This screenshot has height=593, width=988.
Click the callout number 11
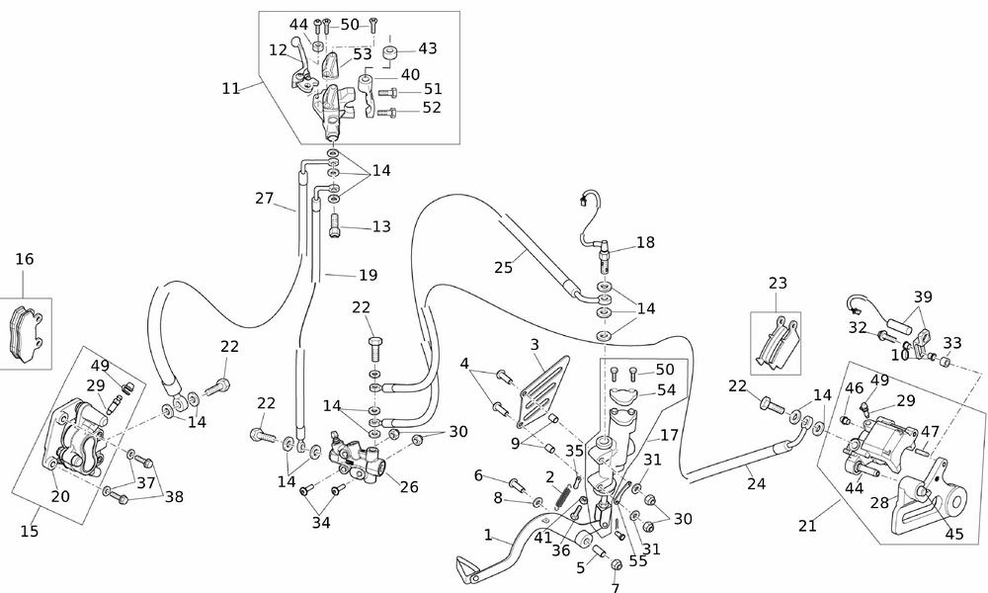231,88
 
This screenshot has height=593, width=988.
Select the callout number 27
264,198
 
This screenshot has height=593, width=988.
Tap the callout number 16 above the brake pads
25,259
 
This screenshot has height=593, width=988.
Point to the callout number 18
645,242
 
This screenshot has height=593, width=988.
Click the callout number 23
778,283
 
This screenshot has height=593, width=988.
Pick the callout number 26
409,486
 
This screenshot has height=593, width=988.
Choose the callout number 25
504,268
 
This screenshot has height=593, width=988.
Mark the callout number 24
756,484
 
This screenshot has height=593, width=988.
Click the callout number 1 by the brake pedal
487,535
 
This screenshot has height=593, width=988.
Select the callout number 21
807,526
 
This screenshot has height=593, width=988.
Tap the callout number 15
30,531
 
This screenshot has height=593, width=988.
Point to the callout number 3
535,345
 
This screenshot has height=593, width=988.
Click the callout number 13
381,226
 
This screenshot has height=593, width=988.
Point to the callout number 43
427,47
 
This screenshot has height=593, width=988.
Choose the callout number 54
666,390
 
